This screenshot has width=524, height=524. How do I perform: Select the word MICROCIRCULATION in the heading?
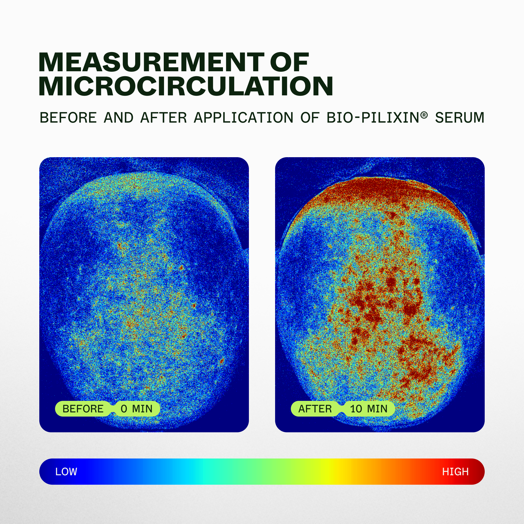(186, 86)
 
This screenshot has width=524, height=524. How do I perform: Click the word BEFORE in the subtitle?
(68, 118)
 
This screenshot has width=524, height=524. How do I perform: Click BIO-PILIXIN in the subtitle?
(373, 118)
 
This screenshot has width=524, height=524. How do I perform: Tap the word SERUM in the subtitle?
(460, 118)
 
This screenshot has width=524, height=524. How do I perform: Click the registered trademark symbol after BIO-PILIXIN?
(424, 115)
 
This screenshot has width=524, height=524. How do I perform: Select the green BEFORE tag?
(83, 409)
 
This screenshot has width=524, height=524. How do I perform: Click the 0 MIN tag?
(137, 409)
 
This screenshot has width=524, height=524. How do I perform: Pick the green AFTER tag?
(315, 409)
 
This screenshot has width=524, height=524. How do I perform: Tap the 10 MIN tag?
(369, 409)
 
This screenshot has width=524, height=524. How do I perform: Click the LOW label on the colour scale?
(66, 472)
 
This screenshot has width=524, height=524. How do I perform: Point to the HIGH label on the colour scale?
(455, 472)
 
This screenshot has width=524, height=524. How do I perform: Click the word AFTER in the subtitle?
(163, 118)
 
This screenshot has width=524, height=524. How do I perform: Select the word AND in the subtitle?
(118, 118)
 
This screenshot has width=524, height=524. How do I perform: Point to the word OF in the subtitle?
(310, 118)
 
